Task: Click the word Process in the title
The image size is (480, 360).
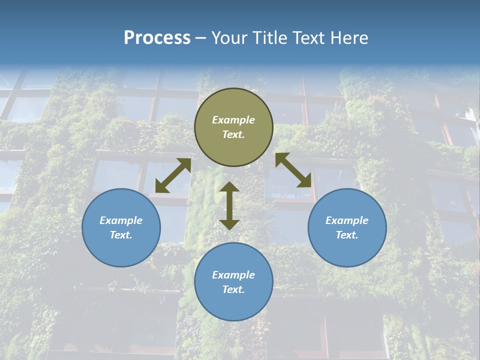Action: (157, 38)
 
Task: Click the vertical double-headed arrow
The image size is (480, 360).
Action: (229, 205)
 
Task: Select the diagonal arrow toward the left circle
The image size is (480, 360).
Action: (173, 175)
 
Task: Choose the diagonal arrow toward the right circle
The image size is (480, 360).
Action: (293, 170)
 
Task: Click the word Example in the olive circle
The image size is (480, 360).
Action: (233, 120)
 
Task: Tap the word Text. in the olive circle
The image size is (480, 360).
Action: (233, 134)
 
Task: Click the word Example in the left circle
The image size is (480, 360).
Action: (121, 220)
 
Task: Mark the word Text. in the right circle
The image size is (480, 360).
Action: (347, 235)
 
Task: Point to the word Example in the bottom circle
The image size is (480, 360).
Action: (233, 275)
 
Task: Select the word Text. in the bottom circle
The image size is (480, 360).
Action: (233, 289)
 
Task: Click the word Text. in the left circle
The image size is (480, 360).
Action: (121, 235)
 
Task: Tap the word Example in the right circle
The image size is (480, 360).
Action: (347, 220)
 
